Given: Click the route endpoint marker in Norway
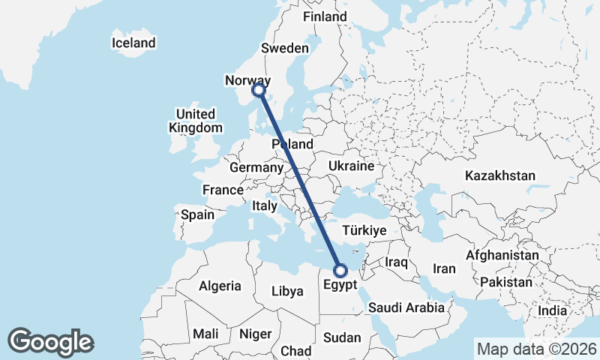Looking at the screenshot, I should [259, 90].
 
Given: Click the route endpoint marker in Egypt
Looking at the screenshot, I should [340, 271].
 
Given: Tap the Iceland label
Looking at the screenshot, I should [133, 43].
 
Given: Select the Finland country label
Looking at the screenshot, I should [326, 16].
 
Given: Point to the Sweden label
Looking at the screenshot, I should [285, 49].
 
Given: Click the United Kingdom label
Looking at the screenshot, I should [196, 121].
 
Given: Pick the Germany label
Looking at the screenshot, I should [256, 167].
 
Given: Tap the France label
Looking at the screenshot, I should [223, 190].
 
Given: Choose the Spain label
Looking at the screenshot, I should [197, 214].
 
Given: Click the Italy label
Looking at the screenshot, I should [264, 205].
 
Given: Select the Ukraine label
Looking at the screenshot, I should [351, 166].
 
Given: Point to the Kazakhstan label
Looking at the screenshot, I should [500, 175].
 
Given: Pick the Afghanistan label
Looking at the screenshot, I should [502, 255].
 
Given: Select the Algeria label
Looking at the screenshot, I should [220, 286].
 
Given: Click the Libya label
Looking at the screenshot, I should [287, 291].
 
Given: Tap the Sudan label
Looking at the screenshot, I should [342, 338].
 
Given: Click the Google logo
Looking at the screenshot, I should [50, 341].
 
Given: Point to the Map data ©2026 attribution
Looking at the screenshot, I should [535, 349].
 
